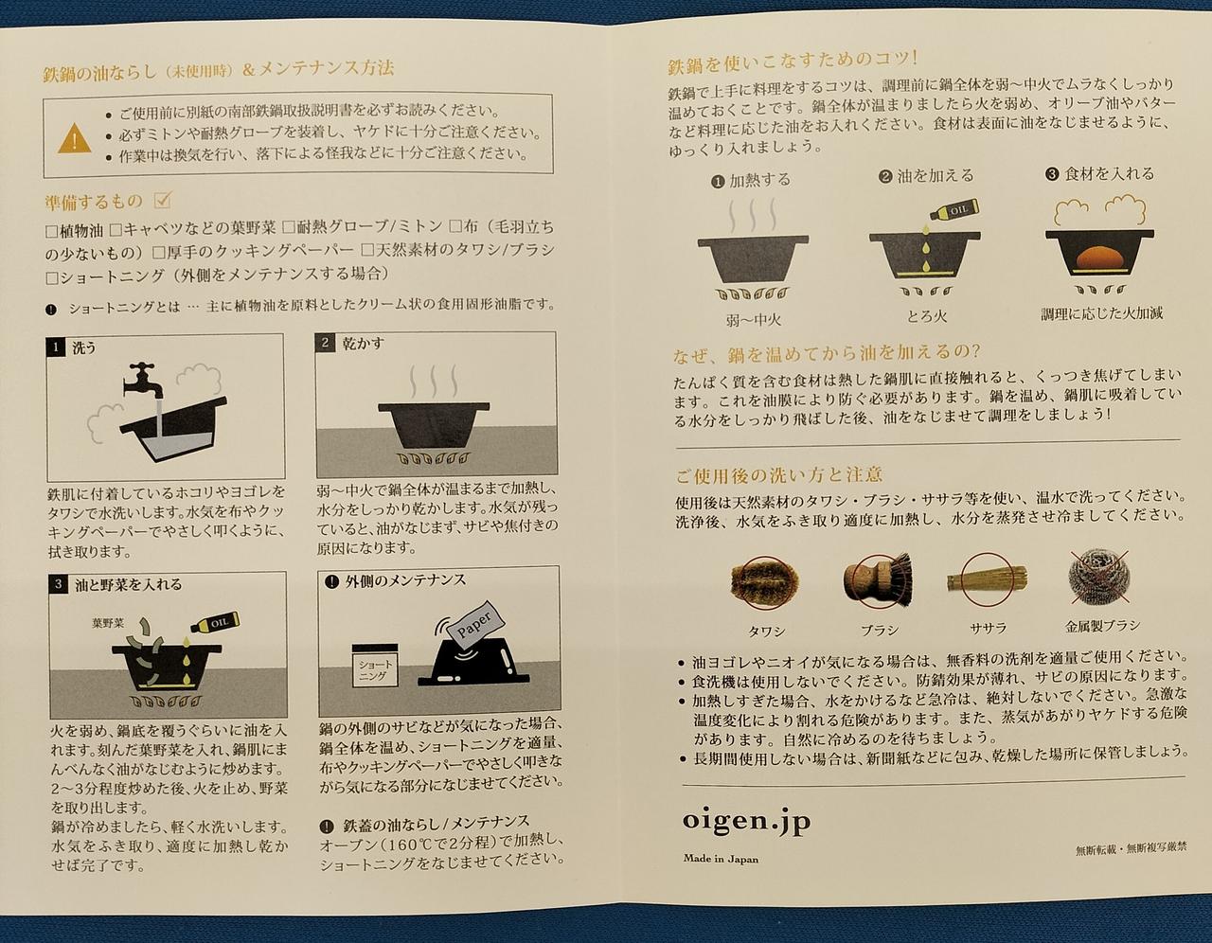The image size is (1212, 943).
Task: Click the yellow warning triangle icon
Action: click(75, 137)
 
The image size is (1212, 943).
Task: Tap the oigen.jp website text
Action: click(746, 822)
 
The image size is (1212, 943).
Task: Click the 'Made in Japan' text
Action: click(721, 859)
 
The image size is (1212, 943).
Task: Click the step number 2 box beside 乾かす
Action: click(325, 342)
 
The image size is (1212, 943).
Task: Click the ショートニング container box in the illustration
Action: click(375, 666)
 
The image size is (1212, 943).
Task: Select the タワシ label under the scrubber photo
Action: click(766, 632)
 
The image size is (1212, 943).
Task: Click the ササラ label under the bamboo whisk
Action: click(988, 629)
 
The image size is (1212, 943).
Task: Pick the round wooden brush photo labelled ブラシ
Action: click(878, 580)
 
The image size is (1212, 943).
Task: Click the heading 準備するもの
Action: click(94, 202)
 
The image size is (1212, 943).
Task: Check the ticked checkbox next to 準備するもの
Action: click(162, 200)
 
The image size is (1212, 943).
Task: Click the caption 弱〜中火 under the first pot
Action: click(753, 320)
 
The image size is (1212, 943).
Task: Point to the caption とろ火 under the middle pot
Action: click(926, 316)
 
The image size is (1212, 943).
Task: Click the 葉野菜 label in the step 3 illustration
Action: click(108, 623)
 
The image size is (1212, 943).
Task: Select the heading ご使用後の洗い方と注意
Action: click(778, 474)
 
